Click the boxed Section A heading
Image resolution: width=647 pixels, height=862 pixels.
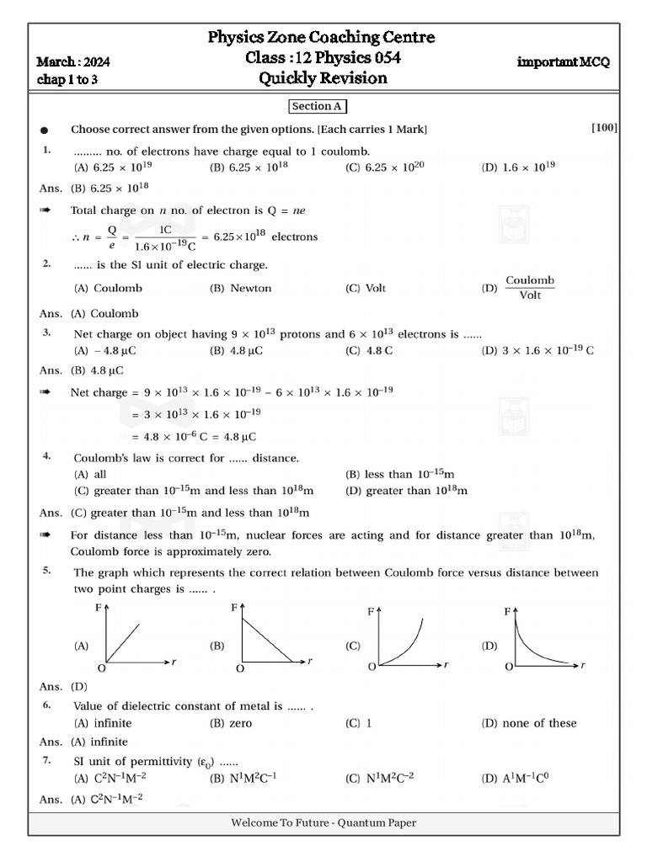[x=318, y=106]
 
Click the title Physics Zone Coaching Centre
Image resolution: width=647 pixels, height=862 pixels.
[x=322, y=37]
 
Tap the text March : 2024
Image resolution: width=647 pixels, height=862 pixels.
[x=73, y=62]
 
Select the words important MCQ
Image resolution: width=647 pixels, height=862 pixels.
[x=563, y=62]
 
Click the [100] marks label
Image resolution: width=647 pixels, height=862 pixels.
[x=604, y=128]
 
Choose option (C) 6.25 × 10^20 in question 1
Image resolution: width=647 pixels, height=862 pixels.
[x=384, y=168]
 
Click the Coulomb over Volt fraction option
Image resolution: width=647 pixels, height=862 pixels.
[x=529, y=288]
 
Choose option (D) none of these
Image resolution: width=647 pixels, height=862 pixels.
[x=529, y=723]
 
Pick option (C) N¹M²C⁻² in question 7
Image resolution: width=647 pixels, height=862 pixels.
[x=383, y=779]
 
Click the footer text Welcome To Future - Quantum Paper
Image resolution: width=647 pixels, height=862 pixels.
[x=323, y=823]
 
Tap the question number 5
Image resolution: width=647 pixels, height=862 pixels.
[x=47, y=571]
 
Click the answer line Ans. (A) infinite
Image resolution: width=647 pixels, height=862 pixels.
[x=84, y=742]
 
